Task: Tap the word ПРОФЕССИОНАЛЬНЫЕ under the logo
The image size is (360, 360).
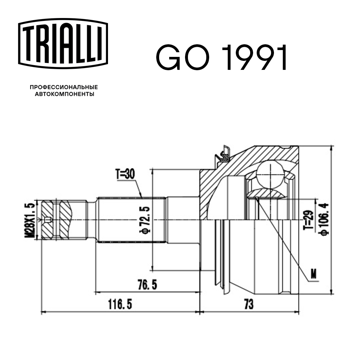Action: pos(64,87)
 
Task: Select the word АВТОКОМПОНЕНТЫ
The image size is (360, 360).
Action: pos(64,94)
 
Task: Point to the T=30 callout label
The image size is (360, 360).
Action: pos(125,175)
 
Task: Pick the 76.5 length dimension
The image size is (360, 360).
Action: pos(147,285)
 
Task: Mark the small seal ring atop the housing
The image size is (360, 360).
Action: pos(222,154)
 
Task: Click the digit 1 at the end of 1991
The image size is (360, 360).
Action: pos(282,58)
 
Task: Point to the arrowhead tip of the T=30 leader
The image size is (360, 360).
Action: pos(143,197)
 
